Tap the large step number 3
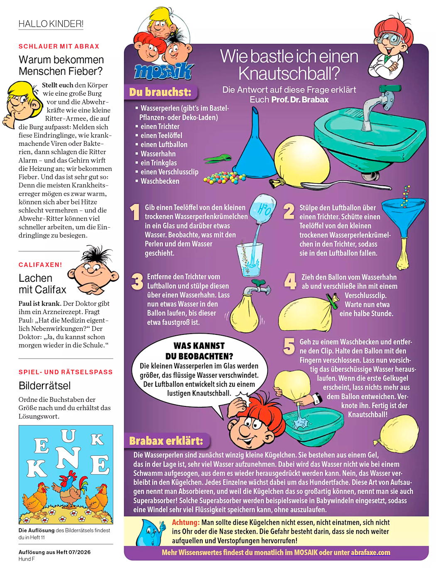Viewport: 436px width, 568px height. [x=137, y=281]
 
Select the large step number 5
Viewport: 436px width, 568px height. [x=289, y=346]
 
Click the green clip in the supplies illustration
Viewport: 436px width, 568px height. [x=217, y=159]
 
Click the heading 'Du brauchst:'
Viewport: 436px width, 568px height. [x=160, y=92]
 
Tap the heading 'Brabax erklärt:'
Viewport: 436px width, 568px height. [x=166, y=441]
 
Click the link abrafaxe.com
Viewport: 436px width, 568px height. [x=370, y=552]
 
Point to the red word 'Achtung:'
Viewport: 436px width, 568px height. [x=186, y=522]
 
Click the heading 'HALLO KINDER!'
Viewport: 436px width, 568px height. [x=51, y=24]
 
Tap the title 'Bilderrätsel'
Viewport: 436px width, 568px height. [x=45, y=386]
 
